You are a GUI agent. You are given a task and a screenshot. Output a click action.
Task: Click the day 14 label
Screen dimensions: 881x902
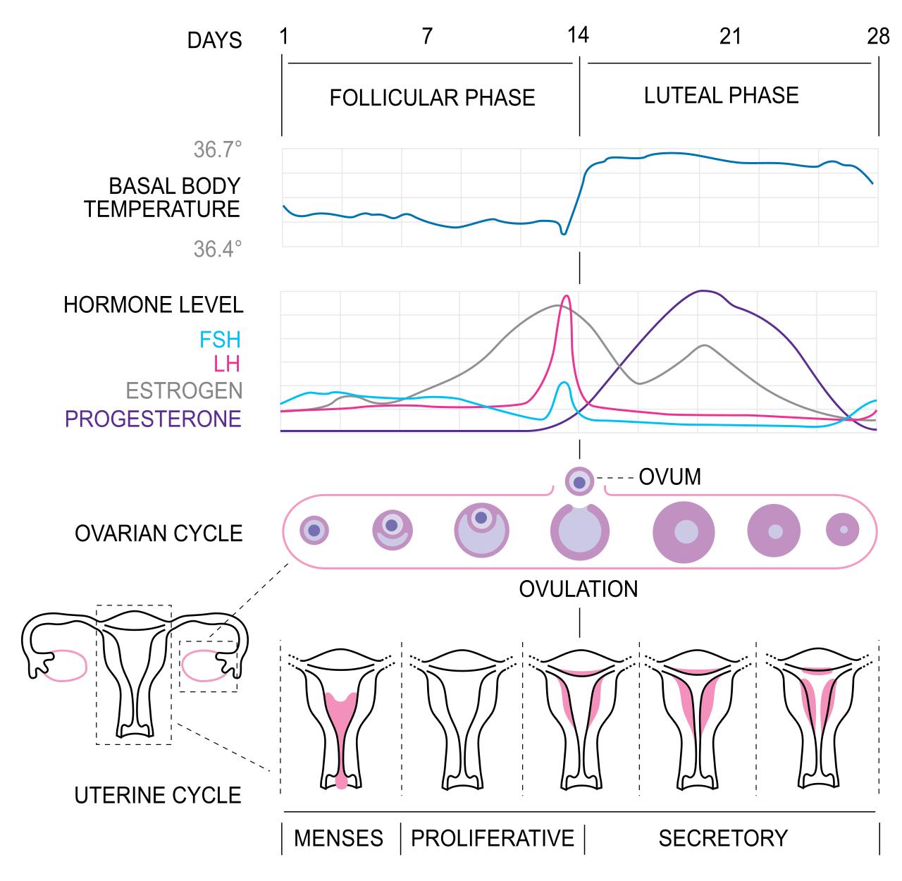578,35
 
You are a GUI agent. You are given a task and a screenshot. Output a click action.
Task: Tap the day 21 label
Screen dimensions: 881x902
731,35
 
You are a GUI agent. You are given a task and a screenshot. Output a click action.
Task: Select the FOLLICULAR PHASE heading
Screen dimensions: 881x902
432,97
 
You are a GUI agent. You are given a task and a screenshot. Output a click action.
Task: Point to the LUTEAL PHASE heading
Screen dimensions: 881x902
722,95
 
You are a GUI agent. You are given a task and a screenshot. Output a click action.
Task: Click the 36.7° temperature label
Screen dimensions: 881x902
217,149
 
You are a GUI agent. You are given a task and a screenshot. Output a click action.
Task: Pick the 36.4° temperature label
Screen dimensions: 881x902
217,249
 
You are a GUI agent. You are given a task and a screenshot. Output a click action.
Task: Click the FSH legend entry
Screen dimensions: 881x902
220,340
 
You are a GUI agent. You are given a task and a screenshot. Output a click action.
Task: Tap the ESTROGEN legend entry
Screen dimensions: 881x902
184,390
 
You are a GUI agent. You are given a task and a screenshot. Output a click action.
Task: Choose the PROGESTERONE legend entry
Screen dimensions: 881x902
153,419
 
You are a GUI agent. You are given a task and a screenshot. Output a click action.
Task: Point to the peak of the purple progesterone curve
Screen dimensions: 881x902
702,291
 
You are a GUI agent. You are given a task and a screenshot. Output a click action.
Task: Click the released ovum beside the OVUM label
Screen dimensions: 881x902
579,481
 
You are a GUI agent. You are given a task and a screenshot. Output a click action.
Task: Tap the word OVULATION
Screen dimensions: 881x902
579,589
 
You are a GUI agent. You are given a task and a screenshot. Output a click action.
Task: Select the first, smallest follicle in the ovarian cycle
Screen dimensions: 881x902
314,530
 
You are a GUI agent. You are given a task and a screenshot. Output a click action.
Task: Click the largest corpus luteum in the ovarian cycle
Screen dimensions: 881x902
684,532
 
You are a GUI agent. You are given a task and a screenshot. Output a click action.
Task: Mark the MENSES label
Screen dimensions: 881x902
338,838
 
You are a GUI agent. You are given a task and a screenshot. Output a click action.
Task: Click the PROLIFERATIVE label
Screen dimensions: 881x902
493,838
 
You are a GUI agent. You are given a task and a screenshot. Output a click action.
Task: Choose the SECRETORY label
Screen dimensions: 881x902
723,838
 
